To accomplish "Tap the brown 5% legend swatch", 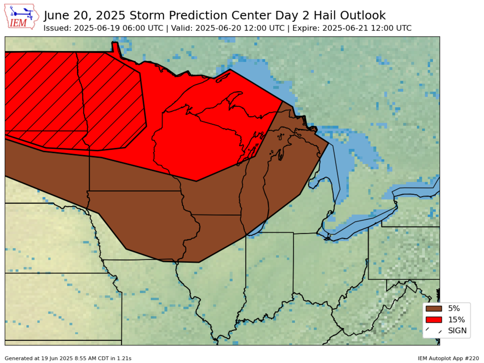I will pos(434,309).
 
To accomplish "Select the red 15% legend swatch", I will pos(434,320).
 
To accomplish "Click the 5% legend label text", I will pos(454,309).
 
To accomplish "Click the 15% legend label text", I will pos(456,320).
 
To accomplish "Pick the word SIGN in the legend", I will pos(457,331).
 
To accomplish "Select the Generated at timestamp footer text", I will pos(68,358).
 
